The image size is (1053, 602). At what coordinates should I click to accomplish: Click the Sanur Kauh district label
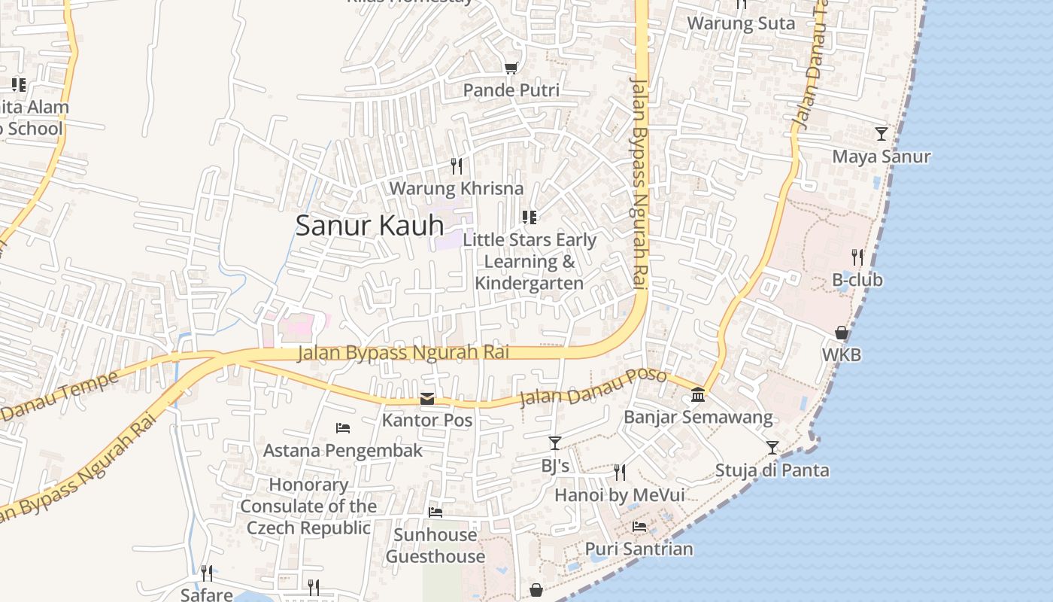[369, 226]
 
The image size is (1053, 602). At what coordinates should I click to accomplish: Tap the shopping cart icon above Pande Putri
[511, 68]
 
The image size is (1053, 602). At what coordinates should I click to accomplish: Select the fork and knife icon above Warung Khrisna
[457, 166]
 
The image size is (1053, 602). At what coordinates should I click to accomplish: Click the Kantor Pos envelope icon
[427, 399]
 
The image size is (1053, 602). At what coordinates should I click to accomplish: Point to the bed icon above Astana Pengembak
[343, 428]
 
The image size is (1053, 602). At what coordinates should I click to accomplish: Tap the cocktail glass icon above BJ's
[555, 443]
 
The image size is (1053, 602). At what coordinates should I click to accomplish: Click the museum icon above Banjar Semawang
[698, 395]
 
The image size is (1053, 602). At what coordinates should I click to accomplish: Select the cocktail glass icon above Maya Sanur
[882, 134]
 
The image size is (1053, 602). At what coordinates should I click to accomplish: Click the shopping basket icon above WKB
[842, 333]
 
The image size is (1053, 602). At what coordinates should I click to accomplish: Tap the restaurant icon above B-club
[857, 257]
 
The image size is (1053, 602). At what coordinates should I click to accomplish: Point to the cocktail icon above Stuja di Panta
[772, 448]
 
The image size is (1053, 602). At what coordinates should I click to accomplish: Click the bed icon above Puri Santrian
[639, 526]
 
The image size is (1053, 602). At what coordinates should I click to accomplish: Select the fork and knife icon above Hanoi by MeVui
[620, 473]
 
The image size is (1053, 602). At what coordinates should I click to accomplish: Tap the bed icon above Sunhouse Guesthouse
[435, 512]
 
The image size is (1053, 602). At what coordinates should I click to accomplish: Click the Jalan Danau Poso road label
[593, 387]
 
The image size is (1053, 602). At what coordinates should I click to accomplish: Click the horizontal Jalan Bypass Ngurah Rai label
[403, 352]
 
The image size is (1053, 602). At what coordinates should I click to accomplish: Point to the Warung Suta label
[741, 23]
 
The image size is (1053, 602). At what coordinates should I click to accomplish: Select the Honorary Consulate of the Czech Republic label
[308, 506]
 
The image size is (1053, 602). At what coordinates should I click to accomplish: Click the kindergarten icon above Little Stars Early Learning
[530, 217]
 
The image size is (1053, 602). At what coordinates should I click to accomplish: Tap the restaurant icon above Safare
[207, 573]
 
